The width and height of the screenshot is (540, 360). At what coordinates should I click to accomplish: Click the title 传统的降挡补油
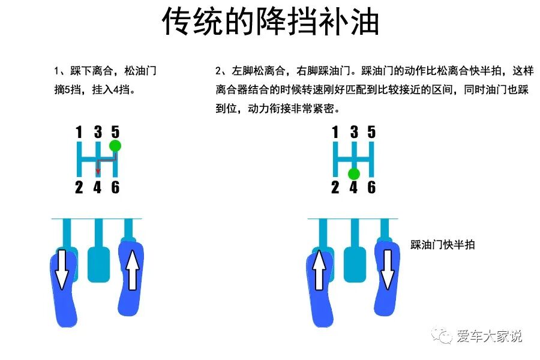pos(270,23)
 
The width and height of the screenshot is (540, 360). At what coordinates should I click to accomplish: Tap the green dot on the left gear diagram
pos(115,146)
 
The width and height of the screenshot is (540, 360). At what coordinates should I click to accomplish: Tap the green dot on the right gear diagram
pos(353,174)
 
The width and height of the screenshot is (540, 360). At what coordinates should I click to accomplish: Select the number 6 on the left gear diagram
pos(115,188)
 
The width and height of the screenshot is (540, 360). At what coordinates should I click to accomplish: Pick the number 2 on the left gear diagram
pos(79,188)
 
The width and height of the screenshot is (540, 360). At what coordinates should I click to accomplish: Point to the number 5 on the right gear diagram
pos(371,132)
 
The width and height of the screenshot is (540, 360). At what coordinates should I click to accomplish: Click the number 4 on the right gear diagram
pos(353,188)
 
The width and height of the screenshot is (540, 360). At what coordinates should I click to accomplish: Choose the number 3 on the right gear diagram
pos(353,132)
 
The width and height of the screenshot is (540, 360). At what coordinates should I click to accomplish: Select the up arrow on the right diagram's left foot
pos(319,270)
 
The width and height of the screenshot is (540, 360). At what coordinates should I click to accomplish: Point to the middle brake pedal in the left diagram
pos(97,263)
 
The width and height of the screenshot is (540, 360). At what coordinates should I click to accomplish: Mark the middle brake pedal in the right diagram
pos(354,263)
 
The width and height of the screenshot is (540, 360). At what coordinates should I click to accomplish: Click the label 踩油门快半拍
pos(443,245)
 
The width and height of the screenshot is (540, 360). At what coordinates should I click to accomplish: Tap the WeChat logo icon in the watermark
pos(445,336)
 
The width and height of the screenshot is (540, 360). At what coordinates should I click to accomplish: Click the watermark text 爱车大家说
pos(489,336)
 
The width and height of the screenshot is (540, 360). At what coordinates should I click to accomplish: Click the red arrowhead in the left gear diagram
pos(98,172)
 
